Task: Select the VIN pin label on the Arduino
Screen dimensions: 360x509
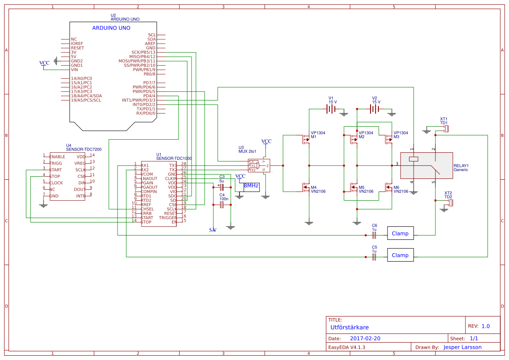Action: coord(74,70)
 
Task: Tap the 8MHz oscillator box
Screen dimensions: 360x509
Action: coord(251,186)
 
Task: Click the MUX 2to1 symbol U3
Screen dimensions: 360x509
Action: coord(259,165)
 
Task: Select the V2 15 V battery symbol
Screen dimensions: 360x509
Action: coord(374,109)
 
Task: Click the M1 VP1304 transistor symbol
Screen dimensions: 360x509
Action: coord(305,139)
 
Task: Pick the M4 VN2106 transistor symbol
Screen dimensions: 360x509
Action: coord(305,187)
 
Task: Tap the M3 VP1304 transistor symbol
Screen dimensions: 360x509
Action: coord(388,139)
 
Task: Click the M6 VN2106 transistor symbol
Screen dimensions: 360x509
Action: coord(388,187)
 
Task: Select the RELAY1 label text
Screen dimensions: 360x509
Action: coord(461,166)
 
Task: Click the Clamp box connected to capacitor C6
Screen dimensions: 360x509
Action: coord(400,234)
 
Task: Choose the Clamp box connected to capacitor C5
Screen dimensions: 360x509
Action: coord(400,256)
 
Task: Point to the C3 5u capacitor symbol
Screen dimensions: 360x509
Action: coord(221,186)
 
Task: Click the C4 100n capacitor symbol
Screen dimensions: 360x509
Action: coord(221,205)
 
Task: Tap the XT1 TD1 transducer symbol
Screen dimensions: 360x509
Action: coord(446,129)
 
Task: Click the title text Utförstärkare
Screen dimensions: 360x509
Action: coord(350,327)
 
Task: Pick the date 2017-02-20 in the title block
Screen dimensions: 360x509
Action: coord(365,338)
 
